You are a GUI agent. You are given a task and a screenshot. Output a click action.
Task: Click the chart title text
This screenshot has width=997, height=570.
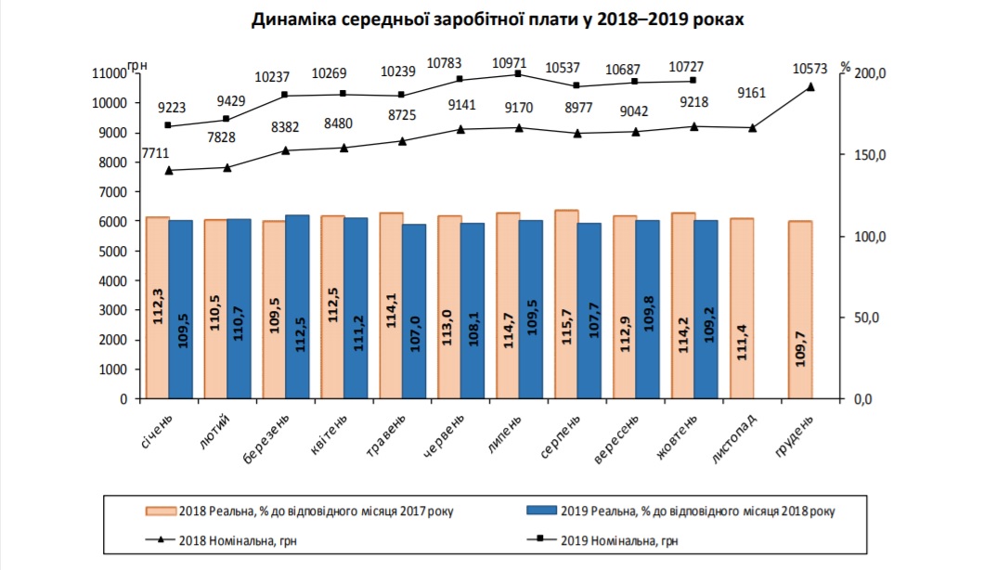coord(498,19)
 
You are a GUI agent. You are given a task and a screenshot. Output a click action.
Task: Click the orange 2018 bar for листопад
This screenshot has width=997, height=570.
coord(742,308)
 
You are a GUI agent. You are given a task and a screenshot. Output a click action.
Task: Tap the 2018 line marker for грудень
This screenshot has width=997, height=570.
coord(810,87)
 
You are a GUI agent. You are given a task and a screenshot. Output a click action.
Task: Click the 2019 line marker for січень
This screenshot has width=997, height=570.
coord(168,125)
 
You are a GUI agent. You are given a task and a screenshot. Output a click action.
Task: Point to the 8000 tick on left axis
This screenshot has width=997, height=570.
coord(112,162)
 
